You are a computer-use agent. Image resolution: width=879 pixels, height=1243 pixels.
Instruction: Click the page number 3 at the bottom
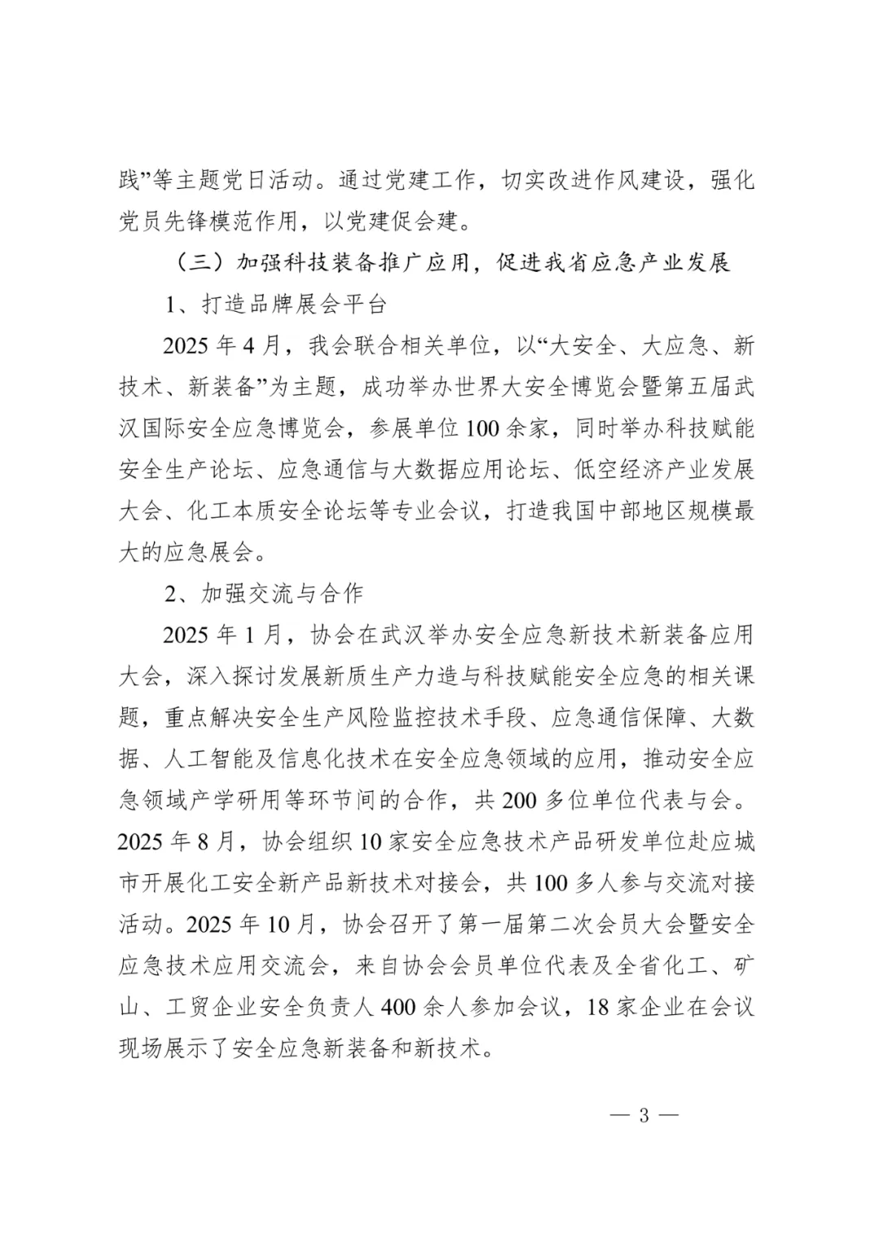644,1114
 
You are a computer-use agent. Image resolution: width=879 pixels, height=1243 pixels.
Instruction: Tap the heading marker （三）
195,263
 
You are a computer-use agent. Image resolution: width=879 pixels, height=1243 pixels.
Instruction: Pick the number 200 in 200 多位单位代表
518,800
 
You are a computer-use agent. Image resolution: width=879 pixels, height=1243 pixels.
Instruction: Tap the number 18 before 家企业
597,1007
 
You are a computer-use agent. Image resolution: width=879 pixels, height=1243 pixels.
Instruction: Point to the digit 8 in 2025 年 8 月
203,842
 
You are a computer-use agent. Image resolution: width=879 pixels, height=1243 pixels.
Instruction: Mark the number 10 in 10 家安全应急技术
370,842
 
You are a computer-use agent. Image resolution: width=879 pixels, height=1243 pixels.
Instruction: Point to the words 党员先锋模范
187,221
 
